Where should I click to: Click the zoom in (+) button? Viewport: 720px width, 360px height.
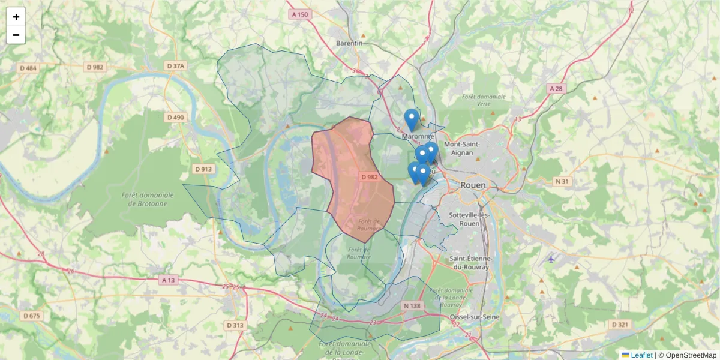point(16,17)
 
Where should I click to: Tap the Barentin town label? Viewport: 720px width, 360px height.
point(349,43)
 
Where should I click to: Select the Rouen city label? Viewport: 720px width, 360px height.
point(473,185)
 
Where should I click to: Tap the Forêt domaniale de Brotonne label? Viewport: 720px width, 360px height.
point(147,199)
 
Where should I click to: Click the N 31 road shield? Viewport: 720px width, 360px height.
point(562,181)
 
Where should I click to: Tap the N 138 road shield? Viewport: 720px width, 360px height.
point(413,306)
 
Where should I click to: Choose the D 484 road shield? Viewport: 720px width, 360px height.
point(27,68)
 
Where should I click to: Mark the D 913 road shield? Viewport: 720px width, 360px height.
point(203,169)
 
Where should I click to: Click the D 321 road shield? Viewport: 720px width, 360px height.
point(620,325)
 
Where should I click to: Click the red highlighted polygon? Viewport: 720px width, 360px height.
point(354,180)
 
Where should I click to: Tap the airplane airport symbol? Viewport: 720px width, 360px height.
point(551,259)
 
